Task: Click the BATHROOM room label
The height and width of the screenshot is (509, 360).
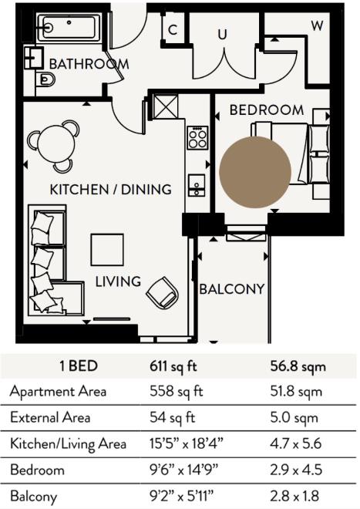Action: (x=89, y=63)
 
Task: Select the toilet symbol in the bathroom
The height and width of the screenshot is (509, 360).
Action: (x=45, y=79)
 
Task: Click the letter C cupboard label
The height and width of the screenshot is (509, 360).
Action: (x=173, y=31)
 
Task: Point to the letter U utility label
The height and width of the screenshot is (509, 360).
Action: (x=222, y=34)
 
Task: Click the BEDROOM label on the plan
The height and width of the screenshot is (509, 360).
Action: (x=267, y=110)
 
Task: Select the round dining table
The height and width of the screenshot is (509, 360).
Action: (x=54, y=143)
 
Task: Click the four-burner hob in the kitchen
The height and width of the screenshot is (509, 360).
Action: (x=197, y=137)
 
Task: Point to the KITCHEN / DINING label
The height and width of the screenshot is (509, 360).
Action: (x=109, y=189)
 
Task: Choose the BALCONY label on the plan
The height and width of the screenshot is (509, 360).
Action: (x=232, y=290)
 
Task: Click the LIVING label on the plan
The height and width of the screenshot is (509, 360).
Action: (x=118, y=281)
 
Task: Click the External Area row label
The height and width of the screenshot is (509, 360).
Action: (x=50, y=417)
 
